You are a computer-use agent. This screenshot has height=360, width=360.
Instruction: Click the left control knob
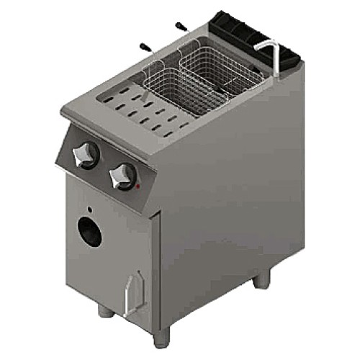tap(87, 153)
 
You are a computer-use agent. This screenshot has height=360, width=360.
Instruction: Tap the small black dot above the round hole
tap(90, 209)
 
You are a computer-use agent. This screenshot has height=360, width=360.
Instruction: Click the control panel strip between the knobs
tap(105, 164)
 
